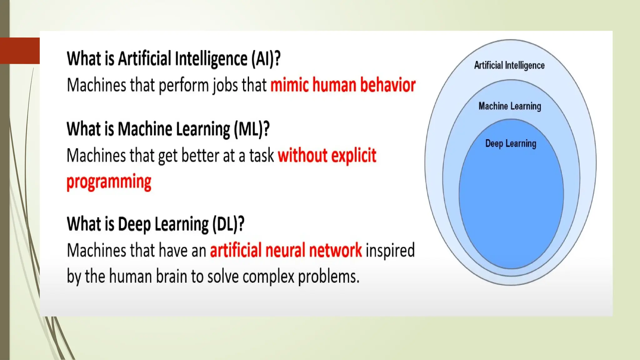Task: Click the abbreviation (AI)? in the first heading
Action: click(x=266, y=58)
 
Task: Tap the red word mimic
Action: click(x=289, y=85)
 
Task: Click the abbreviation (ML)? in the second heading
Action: click(x=252, y=129)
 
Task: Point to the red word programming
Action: click(x=109, y=182)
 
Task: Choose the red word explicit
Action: click(x=353, y=156)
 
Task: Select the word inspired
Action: click(x=390, y=251)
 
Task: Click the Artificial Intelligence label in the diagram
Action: click(x=509, y=65)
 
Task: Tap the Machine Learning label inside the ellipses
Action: click(x=510, y=106)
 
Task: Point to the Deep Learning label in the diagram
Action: click(x=511, y=144)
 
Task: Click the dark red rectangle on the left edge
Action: click(x=20, y=51)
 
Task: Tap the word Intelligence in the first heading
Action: click(x=211, y=58)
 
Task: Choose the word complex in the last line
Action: click(x=268, y=277)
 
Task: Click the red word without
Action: click(x=302, y=156)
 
